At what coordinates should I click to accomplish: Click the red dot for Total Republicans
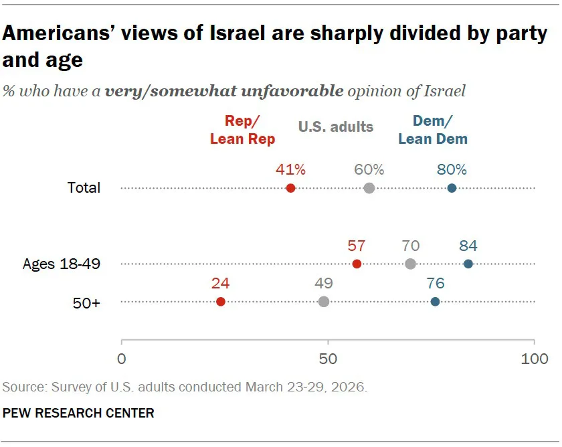pyautogui.click(x=290, y=188)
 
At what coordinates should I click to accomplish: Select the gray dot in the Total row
pyautogui.click(x=369, y=188)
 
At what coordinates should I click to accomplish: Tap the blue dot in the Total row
pyautogui.click(x=452, y=188)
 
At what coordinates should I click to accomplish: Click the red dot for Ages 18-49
pyautogui.click(x=357, y=264)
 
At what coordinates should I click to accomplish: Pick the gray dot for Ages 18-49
pyautogui.click(x=410, y=264)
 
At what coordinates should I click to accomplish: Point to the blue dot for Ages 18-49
pyautogui.click(x=468, y=264)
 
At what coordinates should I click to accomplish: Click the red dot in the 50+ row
pyautogui.click(x=221, y=302)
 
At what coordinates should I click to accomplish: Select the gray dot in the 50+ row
pyautogui.click(x=324, y=302)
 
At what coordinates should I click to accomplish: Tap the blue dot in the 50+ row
pyautogui.click(x=436, y=302)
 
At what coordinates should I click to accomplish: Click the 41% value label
pyautogui.click(x=291, y=169)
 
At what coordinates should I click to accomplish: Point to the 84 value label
pyautogui.click(x=468, y=246)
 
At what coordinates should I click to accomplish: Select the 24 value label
pyautogui.click(x=221, y=284)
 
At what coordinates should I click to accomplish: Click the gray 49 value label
pyautogui.click(x=324, y=284)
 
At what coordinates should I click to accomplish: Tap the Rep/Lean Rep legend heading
pyautogui.click(x=242, y=130)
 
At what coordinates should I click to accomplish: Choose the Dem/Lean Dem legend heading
pyautogui.click(x=433, y=130)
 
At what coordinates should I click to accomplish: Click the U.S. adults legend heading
pyautogui.click(x=336, y=126)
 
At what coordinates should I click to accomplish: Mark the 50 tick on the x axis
pyautogui.click(x=328, y=359)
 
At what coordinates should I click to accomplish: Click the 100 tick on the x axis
pyautogui.click(x=534, y=359)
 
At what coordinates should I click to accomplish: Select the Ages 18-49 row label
pyautogui.click(x=62, y=264)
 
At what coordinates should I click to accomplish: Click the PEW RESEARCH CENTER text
pyautogui.click(x=78, y=413)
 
